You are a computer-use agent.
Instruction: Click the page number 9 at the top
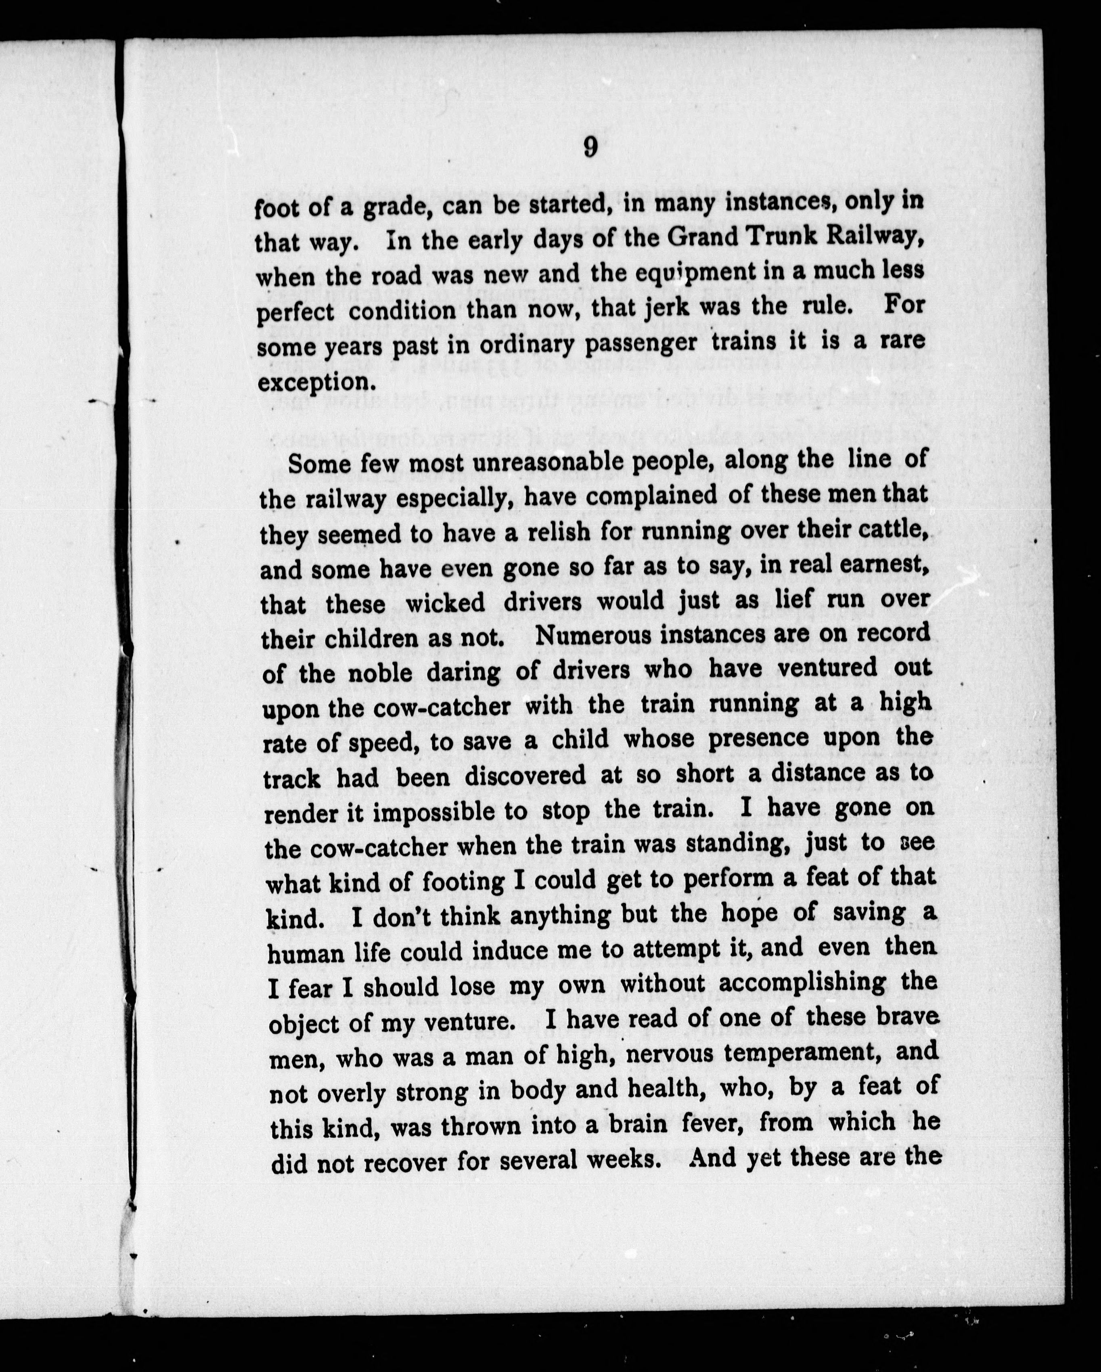click(x=589, y=148)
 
